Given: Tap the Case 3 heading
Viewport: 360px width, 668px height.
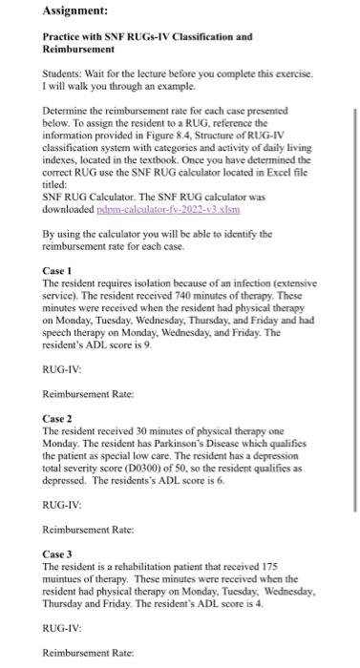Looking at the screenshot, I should (59, 553).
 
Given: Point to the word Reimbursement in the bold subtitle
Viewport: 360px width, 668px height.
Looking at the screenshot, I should (87, 52).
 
